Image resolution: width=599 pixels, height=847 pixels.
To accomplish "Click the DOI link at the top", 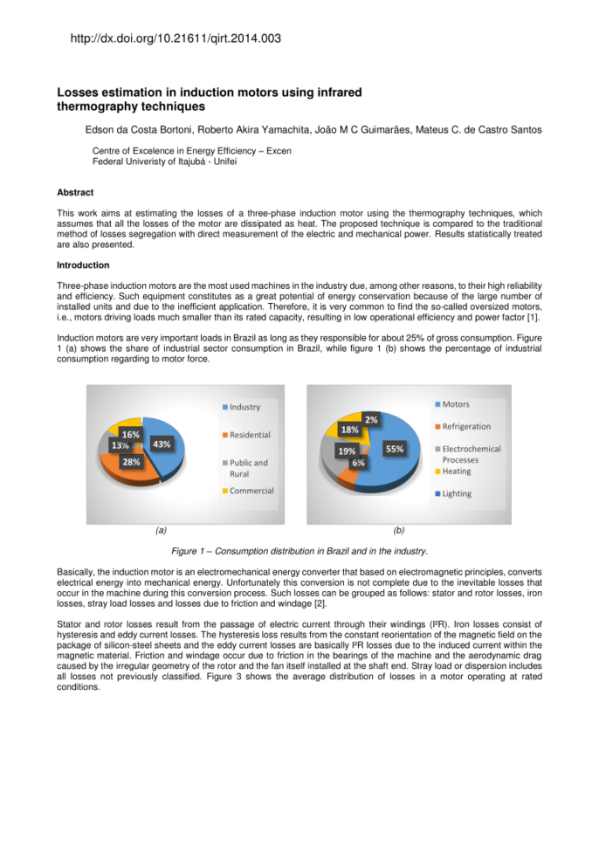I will pos(175,38).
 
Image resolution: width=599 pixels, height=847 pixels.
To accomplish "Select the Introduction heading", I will pos(83,265).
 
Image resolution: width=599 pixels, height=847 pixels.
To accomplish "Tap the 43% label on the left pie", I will pos(162,444).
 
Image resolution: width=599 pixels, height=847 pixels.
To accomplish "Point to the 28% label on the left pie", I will pos(131,462).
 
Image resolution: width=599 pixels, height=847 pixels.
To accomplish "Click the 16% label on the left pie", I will pos(131,434).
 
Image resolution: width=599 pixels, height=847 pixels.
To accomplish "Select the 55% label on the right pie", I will pos(395,448).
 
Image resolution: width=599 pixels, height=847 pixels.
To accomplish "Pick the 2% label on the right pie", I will pos(371,419).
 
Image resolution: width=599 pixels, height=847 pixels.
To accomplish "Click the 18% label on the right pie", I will pos(349,430).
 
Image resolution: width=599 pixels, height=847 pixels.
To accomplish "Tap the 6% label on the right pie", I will pos(358,463).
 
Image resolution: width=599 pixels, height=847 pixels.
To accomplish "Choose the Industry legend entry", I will pos(245,407).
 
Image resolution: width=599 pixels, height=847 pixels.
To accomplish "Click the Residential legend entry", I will pos(250,435).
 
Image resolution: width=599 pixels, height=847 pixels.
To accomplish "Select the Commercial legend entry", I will pos(251,491).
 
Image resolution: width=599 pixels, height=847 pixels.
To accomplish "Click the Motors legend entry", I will pos(456,404).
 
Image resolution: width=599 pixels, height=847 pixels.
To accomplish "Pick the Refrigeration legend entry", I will pos(466,426).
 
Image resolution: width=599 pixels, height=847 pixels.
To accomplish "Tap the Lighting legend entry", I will pos(457,493).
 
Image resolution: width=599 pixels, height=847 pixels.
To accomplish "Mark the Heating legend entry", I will pos(457,472).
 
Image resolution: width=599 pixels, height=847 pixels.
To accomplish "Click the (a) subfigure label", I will pos(160,529).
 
